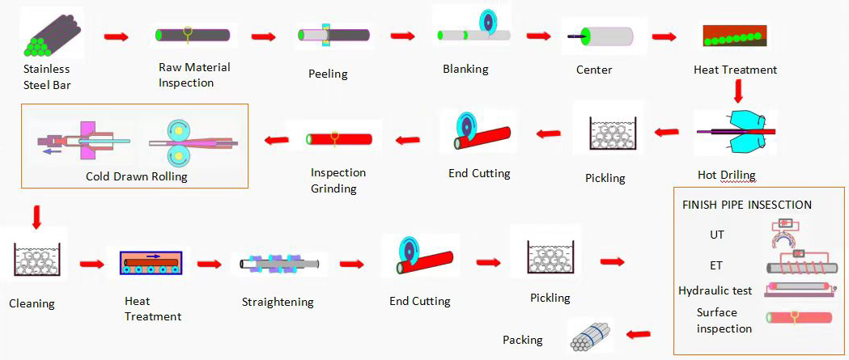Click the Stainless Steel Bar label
click(46, 76)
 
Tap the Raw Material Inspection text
click(194, 75)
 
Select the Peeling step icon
click(333, 35)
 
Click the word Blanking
click(465, 69)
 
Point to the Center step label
click(594, 70)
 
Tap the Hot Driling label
click(726, 175)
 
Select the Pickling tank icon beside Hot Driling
click(613, 133)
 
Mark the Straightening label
click(278, 303)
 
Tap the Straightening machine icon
click(279, 263)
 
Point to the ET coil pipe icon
click(801, 265)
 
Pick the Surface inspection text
click(724, 320)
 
